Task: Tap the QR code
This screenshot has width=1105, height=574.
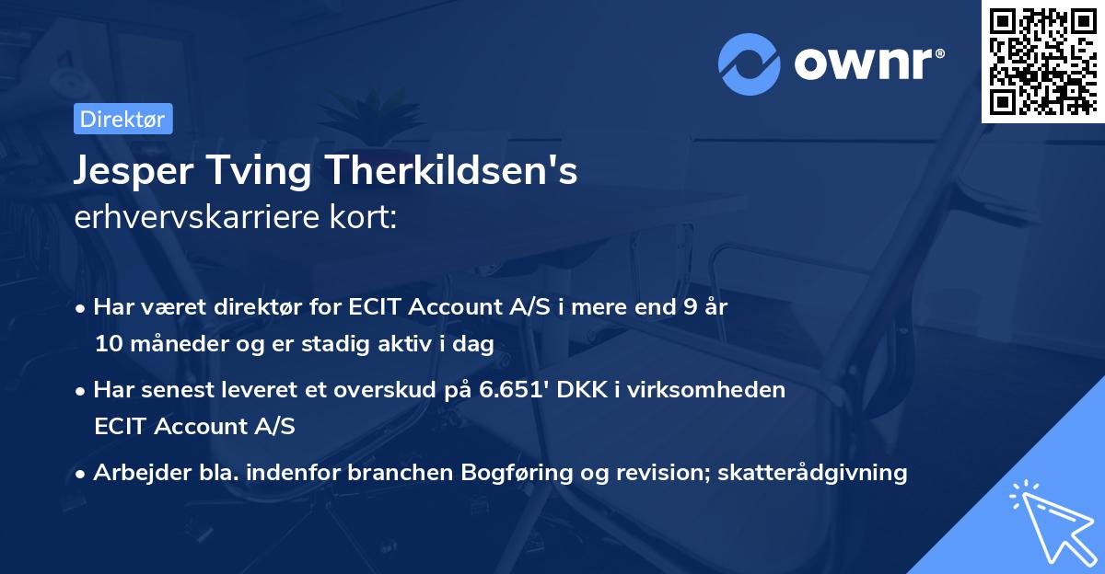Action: [x=1041, y=62]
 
